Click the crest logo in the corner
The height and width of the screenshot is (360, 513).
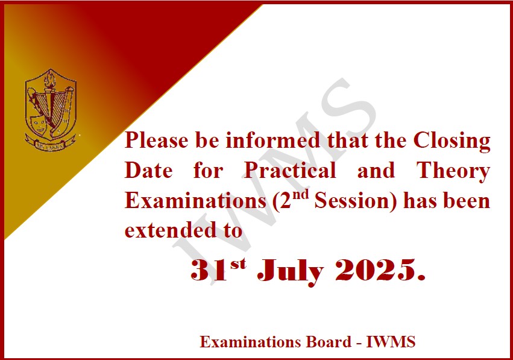(x=51, y=110)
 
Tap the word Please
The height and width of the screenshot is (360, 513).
(x=156, y=141)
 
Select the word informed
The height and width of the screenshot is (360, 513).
(x=273, y=140)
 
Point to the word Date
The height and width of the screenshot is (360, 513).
(x=148, y=170)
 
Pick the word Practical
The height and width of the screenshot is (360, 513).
(x=290, y=170)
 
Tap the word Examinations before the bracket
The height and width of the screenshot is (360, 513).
(x=195, y=201)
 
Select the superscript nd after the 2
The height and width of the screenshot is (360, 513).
(x=300, y=195)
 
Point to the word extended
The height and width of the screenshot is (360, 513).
(x=171, y=230)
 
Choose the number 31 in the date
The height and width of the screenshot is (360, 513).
(x=209, y=270)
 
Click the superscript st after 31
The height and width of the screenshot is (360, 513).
(x=238, y=264)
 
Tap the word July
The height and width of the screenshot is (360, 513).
(x=290, y=271)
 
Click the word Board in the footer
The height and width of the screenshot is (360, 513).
(x=329, y=342)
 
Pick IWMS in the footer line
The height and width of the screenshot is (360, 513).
(x=391, y=342)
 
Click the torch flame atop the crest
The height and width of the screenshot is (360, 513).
(x=51, y=78)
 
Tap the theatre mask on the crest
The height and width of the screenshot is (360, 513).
(x=39, y=123)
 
